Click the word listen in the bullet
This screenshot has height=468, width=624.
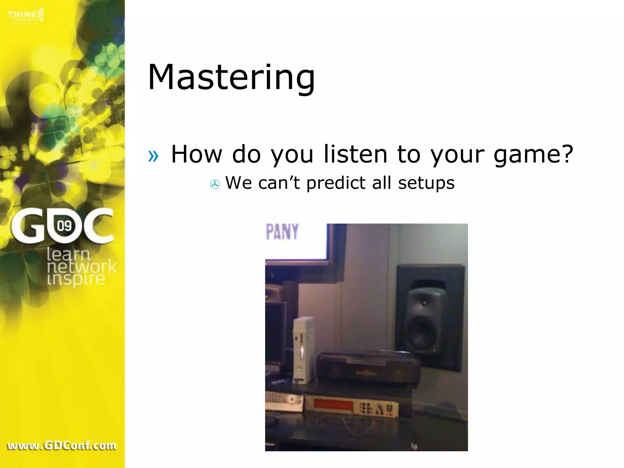pyautogui.click(x=355, y=154)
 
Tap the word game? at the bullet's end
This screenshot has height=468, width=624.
pyautogui.click(x=533, y=155)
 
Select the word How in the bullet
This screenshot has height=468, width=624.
pyautogui.click(x=197, y=154)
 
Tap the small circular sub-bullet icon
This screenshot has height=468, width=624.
pyautogui.click(x=215, y=184)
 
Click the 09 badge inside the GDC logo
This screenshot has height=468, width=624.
pyautogui.click(x=64, y=226)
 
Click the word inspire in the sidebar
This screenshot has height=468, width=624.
pyautogui.click(x=76, y=279)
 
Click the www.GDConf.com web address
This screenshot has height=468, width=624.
pyautogui.click(x=62, y=446)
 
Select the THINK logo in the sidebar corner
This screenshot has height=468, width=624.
pyautogui.click(x=26, y=15)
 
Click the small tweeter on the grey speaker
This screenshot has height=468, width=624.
pyautogui.click(x=424, y=303)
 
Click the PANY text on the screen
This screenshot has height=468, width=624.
pyautogui.click(x=282, y=232)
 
